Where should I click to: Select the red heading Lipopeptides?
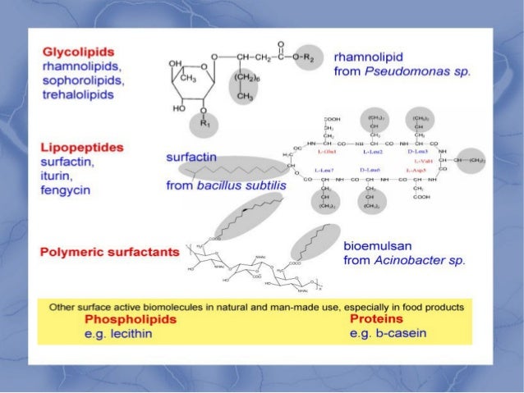pos(82,148)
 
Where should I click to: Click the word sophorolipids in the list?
pos(83,81)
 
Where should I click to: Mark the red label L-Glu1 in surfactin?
pos(316,152)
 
